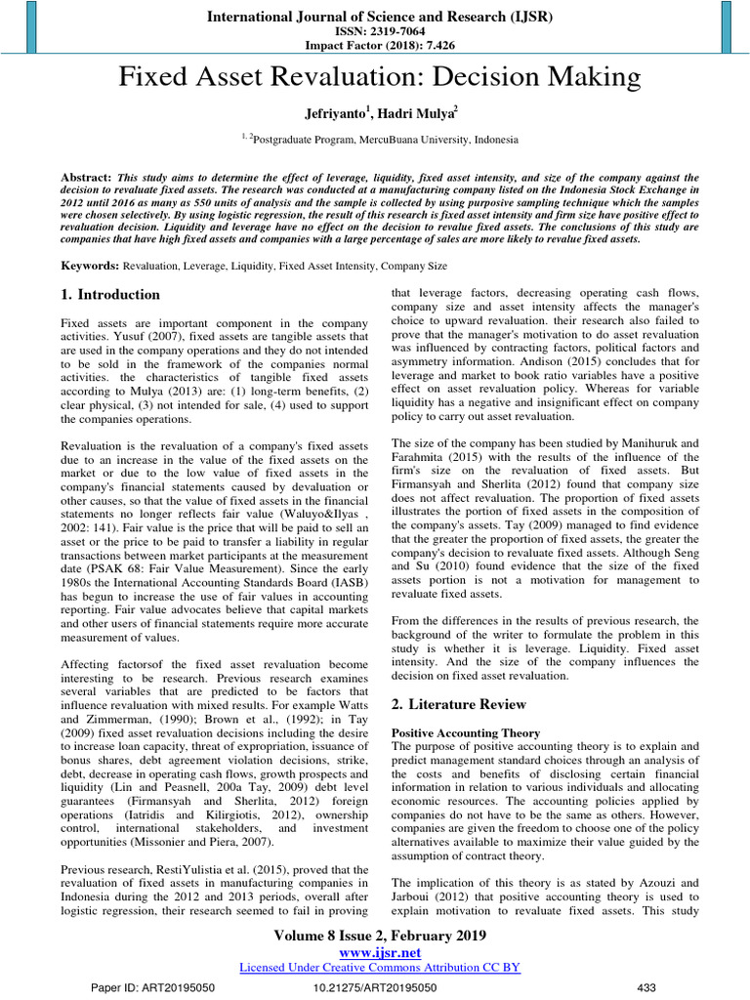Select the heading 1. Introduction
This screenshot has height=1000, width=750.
110,295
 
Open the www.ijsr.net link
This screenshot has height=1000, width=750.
379,951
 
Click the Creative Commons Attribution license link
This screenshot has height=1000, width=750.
379,967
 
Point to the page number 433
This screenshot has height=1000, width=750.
647,988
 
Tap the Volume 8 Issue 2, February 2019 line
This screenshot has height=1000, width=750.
379,935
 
